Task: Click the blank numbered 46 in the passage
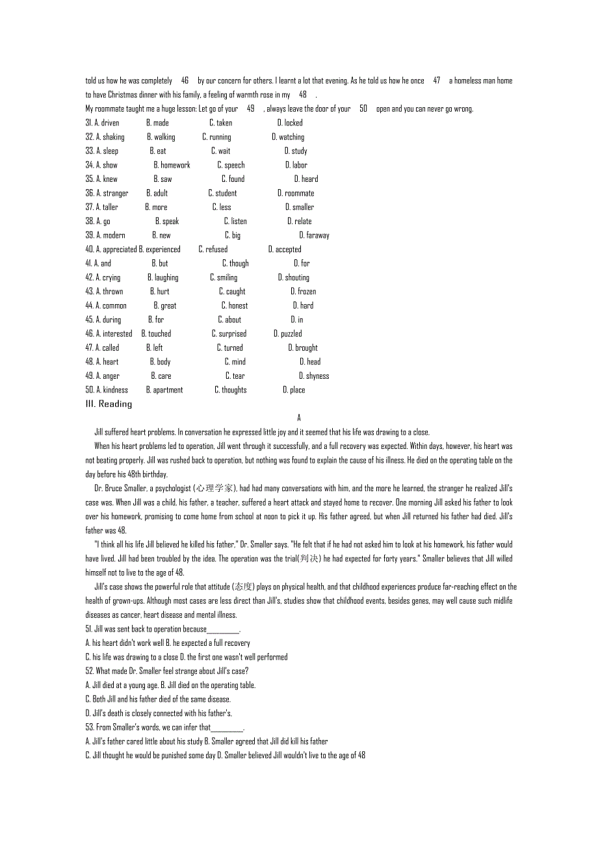[x=185, y=81]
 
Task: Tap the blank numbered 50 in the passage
[x=363, y=109]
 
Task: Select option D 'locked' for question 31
[x=290, y=123]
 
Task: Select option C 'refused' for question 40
[x=213, y=250]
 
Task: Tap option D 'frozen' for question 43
[x=303, y=292]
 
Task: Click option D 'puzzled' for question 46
[x=287, y=334]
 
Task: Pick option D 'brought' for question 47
[x=303, y=348]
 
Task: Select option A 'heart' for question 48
[x=107, y=362]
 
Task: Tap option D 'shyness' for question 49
[x=314, y=376]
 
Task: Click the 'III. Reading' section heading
[x=109, y=404]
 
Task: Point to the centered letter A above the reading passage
[x=299, y=418]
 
